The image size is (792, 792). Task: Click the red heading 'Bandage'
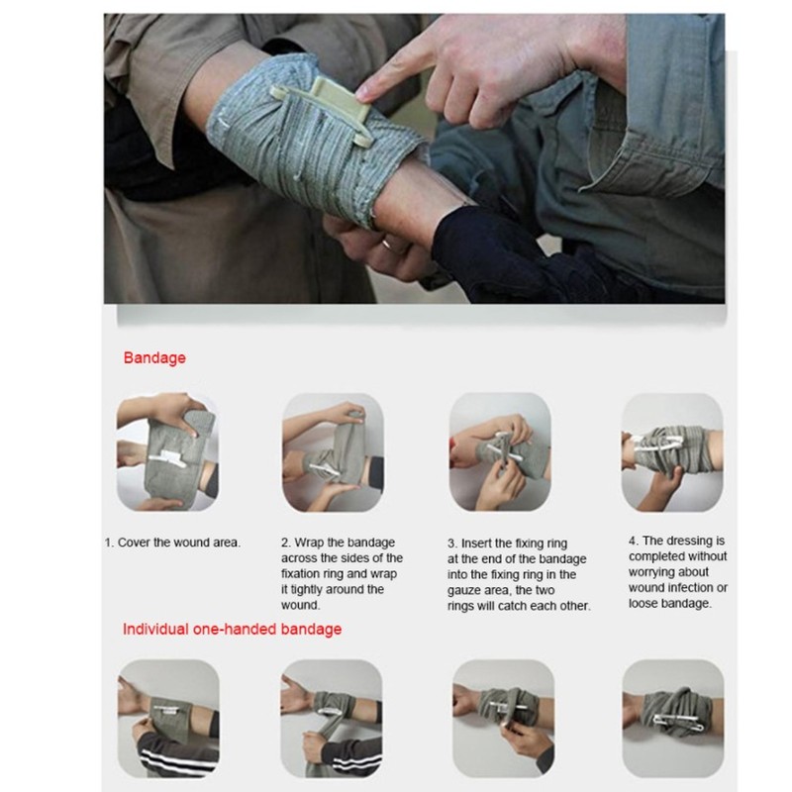[x=154, y=358]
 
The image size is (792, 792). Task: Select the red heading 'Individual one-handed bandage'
[x=232, y=629]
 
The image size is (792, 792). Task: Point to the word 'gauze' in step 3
[x=468, y=589]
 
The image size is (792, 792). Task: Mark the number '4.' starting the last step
[x=635, y=542]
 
